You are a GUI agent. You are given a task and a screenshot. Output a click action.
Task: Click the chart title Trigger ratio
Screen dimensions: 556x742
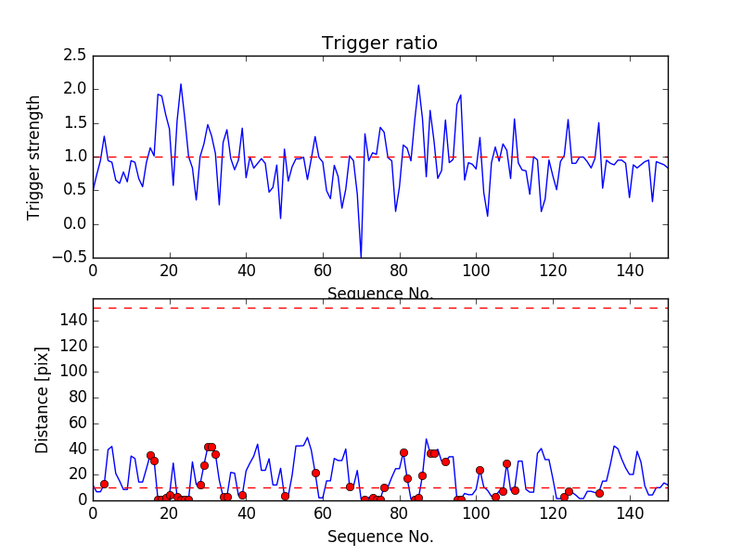[x=379, y=44]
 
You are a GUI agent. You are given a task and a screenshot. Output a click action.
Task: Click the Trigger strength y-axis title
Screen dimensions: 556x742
[x=34, y=157]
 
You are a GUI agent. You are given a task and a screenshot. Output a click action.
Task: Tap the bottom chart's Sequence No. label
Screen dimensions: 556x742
[x=379, y=537]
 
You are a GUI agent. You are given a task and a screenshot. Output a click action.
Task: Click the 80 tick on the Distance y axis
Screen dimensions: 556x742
[x=77, y=398]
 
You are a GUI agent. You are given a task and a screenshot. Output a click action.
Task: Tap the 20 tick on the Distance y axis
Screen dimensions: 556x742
[x=77, y=474]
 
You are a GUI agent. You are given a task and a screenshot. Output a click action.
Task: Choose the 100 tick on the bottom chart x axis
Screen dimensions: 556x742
[x=476, y=512]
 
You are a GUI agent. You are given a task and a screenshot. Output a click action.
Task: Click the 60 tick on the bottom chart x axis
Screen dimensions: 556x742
[x=323, y=512]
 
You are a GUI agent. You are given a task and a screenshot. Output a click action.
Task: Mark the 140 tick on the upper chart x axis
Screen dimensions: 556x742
[x=630, y=271]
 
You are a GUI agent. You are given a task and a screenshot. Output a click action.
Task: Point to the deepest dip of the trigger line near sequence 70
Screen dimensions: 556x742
[x=361, y=256]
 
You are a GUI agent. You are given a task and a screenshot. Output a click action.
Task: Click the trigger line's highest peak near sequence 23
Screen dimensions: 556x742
[x=181, y=84]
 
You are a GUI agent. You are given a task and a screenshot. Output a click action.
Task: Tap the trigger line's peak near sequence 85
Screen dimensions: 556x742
[x=418, y=85]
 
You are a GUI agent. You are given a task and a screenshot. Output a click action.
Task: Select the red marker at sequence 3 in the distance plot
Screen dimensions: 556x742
[x=104, y=484]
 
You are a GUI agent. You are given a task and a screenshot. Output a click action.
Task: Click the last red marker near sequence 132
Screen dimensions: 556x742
[x=599, y=493]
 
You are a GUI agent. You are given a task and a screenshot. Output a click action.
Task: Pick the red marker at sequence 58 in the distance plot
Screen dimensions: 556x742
[x=315, y=473]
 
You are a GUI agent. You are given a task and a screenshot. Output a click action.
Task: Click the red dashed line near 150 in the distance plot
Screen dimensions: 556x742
[x=379, y=308]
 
